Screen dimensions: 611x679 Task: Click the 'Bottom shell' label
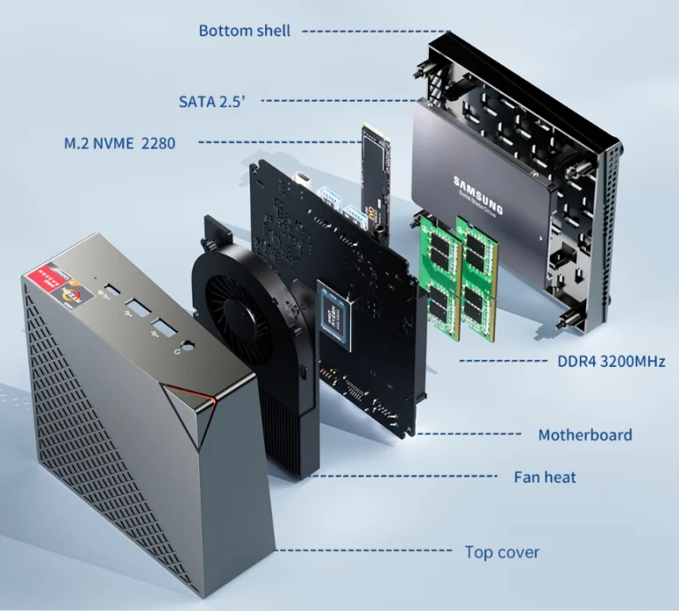tap(245, 31)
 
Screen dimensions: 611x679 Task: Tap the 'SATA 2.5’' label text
tap(212, 101)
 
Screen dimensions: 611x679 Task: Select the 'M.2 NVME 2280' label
tap(119, 142)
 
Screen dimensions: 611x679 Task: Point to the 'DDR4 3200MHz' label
tap(611, 361)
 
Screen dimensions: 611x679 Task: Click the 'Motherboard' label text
tap(585, 434)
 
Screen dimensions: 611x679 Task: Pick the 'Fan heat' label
tap(545, 477)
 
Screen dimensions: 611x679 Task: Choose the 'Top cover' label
tap(502, 552)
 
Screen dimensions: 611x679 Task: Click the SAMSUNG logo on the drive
tap(478, 194)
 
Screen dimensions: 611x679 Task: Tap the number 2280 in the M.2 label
tap(157, 142)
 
